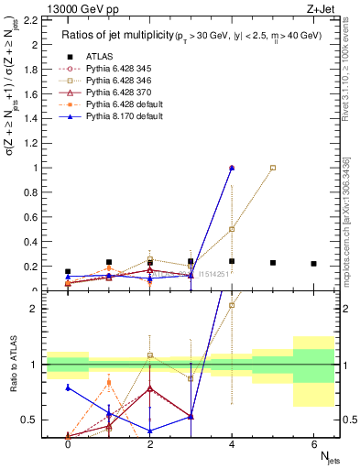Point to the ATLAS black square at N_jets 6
[313, 264]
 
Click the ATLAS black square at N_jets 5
[273, 263]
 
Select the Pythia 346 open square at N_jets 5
[273, 168]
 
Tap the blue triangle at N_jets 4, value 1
[232, 168]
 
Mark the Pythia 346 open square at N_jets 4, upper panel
[232, 229]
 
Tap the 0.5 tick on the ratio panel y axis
[27, 420]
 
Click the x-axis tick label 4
[232, 444]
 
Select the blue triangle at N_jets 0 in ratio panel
[68, 387]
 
